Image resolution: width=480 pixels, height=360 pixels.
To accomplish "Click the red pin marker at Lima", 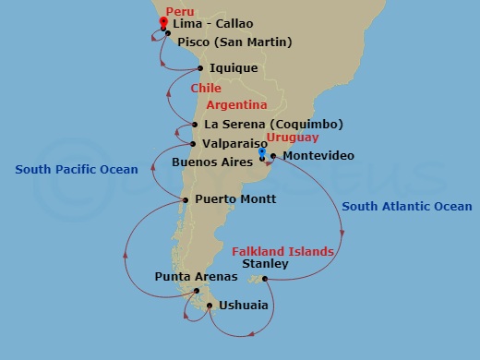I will point(163,22).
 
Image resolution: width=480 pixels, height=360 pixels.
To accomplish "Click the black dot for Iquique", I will point(200,67).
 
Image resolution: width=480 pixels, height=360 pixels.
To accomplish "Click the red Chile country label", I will point(206,89).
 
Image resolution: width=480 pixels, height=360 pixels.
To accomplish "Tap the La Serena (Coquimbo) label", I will point(274,125).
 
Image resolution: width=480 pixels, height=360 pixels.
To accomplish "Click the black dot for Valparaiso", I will point(192,144).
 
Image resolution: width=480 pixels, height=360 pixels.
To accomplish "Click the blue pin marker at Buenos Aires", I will point(262,154).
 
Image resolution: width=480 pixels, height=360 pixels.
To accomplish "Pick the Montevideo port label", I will point(318,156).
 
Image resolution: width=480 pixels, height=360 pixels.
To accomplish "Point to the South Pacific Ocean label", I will point(76,169).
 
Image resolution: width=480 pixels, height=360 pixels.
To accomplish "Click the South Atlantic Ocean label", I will point(406,207).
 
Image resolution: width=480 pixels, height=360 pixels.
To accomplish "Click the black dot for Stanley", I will point(265,279).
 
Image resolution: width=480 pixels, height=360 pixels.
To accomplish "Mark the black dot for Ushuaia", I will point(210,306).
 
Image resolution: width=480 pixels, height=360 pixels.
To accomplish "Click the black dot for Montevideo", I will point(273,156).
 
